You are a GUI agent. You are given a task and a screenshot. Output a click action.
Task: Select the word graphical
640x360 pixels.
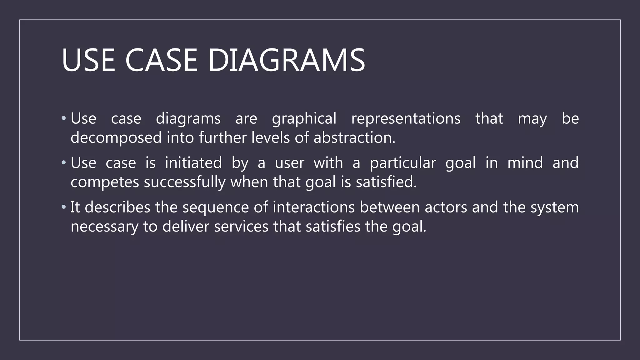point(304,119)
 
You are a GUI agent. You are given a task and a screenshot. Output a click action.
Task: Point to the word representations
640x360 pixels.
point(406,119)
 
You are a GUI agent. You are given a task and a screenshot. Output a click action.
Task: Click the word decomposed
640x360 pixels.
point(116,138)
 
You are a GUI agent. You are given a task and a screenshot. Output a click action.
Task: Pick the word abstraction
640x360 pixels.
point(354,138)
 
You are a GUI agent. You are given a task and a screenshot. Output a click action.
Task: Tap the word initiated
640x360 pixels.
point(193,163)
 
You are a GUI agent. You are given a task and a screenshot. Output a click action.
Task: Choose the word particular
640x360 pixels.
point(403,163)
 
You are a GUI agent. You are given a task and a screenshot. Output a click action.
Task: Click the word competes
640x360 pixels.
point(105,182)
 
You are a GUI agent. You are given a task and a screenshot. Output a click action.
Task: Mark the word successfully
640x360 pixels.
point(184,182)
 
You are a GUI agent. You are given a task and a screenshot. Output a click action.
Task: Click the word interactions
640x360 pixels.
point(313,207)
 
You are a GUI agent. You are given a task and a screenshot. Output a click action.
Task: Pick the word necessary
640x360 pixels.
point(104,227)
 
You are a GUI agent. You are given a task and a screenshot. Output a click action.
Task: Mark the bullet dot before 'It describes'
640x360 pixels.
point(64,207)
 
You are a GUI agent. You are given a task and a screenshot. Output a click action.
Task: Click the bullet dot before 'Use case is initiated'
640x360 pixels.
point(64,162)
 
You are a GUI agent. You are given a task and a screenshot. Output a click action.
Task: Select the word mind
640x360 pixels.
point(525,163)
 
